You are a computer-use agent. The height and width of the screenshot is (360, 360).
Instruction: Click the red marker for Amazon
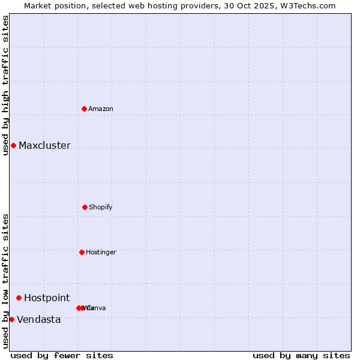pos(85,109)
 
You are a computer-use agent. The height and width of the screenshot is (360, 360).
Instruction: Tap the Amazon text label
pos(101,109)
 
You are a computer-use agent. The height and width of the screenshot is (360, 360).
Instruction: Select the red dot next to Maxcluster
pos(13,145)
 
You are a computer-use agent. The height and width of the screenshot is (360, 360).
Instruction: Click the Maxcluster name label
pos(44,145)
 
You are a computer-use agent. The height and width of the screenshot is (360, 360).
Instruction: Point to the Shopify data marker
pos(85,207)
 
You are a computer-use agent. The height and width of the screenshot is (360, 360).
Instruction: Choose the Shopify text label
pos(101,207)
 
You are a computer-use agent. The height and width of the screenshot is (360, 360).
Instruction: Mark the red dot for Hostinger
pos(82,252)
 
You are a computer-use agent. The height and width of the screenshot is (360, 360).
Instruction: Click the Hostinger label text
pos(101,252)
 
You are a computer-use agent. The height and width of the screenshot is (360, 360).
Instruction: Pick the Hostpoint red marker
pos(19,298)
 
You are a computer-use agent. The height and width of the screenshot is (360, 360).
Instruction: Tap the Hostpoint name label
pos(47,298)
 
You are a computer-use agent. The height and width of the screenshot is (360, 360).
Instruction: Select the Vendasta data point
pos(11,319)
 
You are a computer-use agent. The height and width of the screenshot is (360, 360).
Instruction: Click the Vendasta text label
pos(39,319)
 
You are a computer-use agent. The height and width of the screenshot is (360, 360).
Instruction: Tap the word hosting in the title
pos(158,5)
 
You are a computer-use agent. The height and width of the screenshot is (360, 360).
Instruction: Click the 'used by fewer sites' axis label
pos(62,355)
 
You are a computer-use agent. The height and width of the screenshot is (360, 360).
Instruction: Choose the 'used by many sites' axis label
pos(301,355)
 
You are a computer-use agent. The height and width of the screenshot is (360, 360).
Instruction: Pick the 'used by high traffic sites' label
pos(5,85)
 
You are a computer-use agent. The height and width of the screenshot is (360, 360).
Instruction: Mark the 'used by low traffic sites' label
pos(5,281)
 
